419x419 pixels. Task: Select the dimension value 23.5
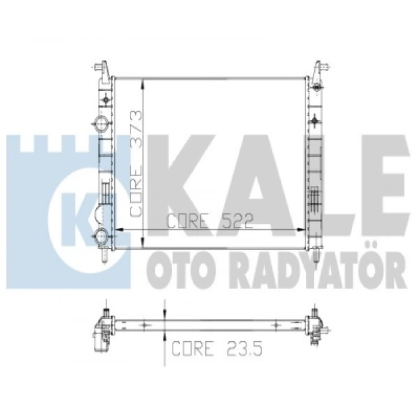244,348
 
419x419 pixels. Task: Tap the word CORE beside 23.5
192,348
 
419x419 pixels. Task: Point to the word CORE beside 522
187,221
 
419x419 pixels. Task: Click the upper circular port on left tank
102,124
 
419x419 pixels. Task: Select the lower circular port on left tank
102,235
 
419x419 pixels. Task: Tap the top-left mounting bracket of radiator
103,70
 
